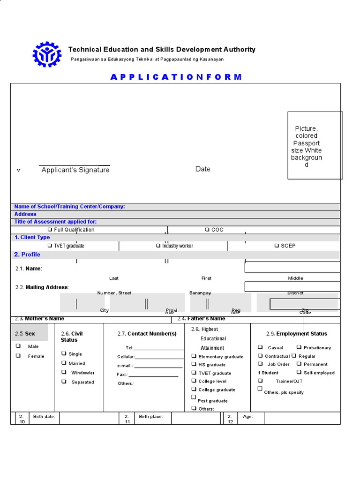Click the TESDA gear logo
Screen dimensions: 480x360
[x=47, y=54]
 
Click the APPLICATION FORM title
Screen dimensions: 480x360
[x=176, y=77]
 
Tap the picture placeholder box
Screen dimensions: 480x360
[x=315, y=145]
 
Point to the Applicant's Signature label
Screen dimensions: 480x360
[x=75, y=170]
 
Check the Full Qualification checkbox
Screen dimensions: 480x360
[x=50, y=230]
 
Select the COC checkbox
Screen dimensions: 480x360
[x=207, y=230]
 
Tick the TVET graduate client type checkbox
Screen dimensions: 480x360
[x=50, y=246]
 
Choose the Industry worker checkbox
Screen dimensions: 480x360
[x=158, y=246]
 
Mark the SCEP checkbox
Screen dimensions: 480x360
[x=277, y=246]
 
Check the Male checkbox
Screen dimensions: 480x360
[x=18, y=346]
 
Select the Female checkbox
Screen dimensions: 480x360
[x=18, y=356]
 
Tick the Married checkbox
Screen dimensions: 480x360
[x=64, y=363]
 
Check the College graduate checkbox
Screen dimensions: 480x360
[x=194, y=390]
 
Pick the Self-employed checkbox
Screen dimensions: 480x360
[x=299, y=372]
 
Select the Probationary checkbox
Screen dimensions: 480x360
[x=299, y=347]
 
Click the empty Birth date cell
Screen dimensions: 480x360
[x=89, y=418]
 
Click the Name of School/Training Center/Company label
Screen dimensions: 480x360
[x=69, y=206]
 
